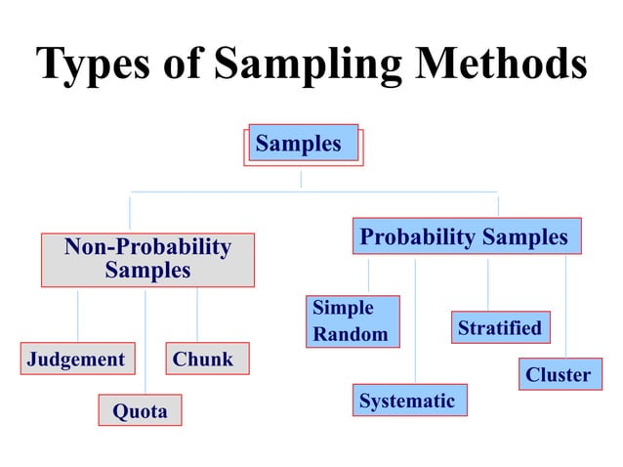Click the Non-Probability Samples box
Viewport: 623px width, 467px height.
[x=147, y=259]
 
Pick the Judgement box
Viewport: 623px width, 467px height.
[x=77, y=360]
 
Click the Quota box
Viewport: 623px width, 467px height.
[x=140, y=411]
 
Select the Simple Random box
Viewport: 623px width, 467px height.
[x=353, y=321]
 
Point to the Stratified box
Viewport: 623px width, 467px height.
[x=500, y=328]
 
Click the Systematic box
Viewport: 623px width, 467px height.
[x=407, y=401]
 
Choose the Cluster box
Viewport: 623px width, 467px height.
[x=559, y=375]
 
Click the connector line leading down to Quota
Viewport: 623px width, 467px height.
[x=145, y=342]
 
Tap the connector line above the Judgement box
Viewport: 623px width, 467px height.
[x=78, y=315]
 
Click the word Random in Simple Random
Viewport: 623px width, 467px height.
[x=350, y=335]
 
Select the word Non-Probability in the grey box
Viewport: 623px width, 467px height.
[x=147, y=247]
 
